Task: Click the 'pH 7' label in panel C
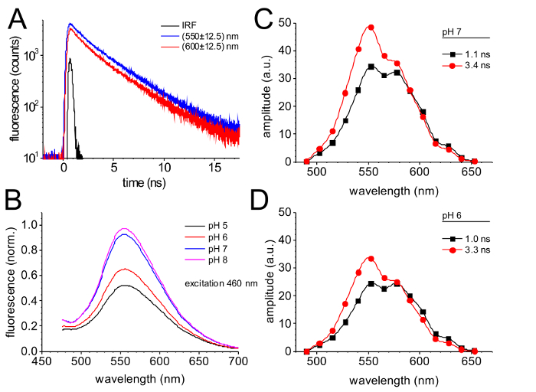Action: coord(453,31)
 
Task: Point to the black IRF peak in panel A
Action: coord(70,60)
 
